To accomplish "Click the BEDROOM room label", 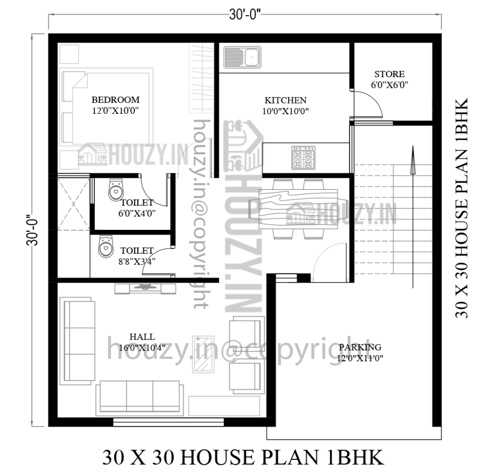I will point(116,100).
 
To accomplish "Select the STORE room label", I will point(389,74).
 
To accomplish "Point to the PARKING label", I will point(360,347).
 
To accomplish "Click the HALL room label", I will point(142,336).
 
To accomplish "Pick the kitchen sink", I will point(242,57).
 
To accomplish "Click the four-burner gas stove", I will point(302,158).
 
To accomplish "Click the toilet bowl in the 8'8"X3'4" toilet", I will point(104,248).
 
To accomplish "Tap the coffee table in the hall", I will point(203,354).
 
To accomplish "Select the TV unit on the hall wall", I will point(145,288).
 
